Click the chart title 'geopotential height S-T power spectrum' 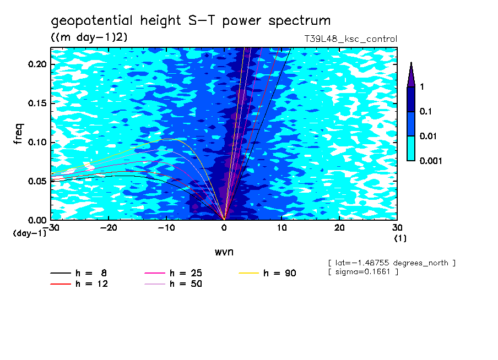click(x=191, y=21)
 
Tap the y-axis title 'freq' click(x=19, y=133)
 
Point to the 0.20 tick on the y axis click(x=37, y=64)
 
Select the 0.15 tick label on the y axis click(x=37, y=103)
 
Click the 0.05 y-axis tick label click(x=37, y=181)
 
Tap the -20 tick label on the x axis click(x=108, y=227)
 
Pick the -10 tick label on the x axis click(x=166, y=227)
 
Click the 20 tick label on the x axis click(x=339, y=227)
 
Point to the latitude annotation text click(x=391, y=263)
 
